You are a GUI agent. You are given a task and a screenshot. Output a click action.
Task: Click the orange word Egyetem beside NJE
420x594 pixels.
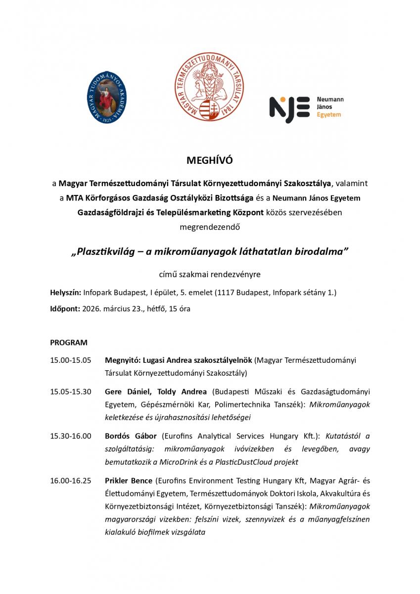(x=328, y=114)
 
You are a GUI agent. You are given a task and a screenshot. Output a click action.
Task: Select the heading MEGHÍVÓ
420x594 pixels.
(x=209, y=160)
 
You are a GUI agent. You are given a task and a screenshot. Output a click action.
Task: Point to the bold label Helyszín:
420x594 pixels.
(x=65, y=293)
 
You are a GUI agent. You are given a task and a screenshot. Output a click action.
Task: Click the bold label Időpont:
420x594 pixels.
(x=64, y=308)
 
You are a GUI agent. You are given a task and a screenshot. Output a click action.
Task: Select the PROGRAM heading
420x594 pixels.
(x=69, y=342)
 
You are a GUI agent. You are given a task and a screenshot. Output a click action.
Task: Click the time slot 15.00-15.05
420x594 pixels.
(x=71, y=360)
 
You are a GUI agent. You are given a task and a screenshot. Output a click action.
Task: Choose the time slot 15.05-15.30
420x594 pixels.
(x=71, y=392)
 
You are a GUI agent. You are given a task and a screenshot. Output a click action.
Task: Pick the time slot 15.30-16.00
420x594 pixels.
(x=71, y=436)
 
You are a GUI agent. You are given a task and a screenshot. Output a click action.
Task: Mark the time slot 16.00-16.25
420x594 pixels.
(x=71, y=481)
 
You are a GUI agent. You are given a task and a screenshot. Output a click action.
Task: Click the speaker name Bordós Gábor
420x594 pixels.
(x=131, y=436)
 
